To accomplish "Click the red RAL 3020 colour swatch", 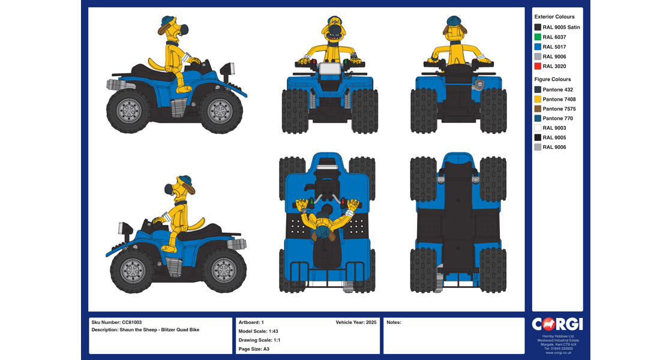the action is pos(538,66).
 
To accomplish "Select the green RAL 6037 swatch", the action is pos(538,37).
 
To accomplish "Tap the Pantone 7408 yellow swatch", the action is pos(538,99).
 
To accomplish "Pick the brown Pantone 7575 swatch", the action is pos(538,109).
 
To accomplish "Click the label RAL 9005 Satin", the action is pos(561,27).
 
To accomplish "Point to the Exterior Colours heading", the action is pos(554,17).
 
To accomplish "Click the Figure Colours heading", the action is pos(553,79).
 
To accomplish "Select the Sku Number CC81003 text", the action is pos(116,322).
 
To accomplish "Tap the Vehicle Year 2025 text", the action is pos(356,322).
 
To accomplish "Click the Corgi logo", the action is pos(557,324).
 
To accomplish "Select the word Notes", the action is pos(394,322).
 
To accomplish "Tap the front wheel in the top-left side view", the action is pos(220,111).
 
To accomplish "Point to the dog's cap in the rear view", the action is pos(454,21).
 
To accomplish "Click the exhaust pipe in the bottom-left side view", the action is pos(236,244).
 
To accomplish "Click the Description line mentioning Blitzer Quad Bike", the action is pos(145,330).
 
